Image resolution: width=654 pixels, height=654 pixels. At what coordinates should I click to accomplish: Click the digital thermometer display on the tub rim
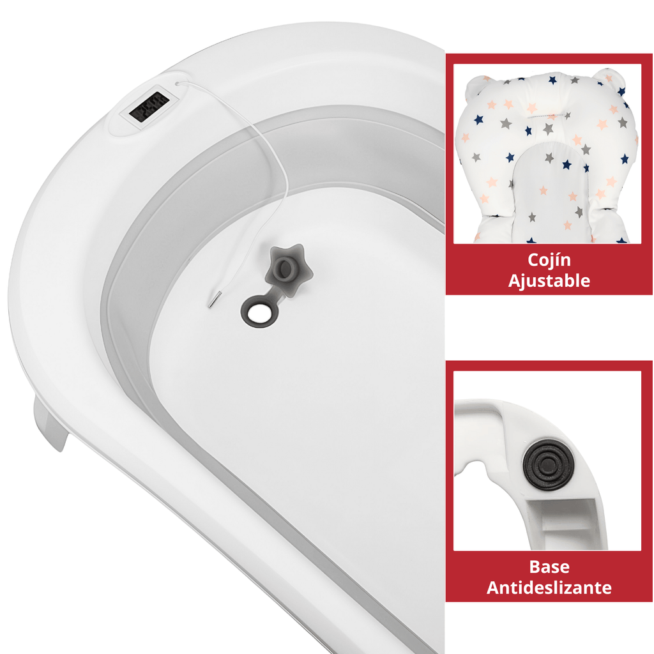(x=149, y=107)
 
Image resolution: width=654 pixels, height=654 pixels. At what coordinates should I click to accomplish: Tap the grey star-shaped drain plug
(x=289, y=270)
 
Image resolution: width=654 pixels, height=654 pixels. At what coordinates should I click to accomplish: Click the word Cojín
(x=549, y=261)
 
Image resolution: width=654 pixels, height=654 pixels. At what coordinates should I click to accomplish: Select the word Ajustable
(x=549, y=281)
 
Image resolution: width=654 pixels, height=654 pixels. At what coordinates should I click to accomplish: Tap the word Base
(x=549, y=567)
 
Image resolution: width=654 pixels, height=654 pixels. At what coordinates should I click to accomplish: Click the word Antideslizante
(x=549, y=588)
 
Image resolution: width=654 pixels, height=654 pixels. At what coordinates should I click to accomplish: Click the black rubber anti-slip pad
(x=548, y=464)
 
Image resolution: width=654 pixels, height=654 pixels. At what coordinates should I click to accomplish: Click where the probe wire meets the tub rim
(x=177, y=84)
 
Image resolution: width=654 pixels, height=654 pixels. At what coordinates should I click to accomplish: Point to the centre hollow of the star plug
(x=285, y=268)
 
